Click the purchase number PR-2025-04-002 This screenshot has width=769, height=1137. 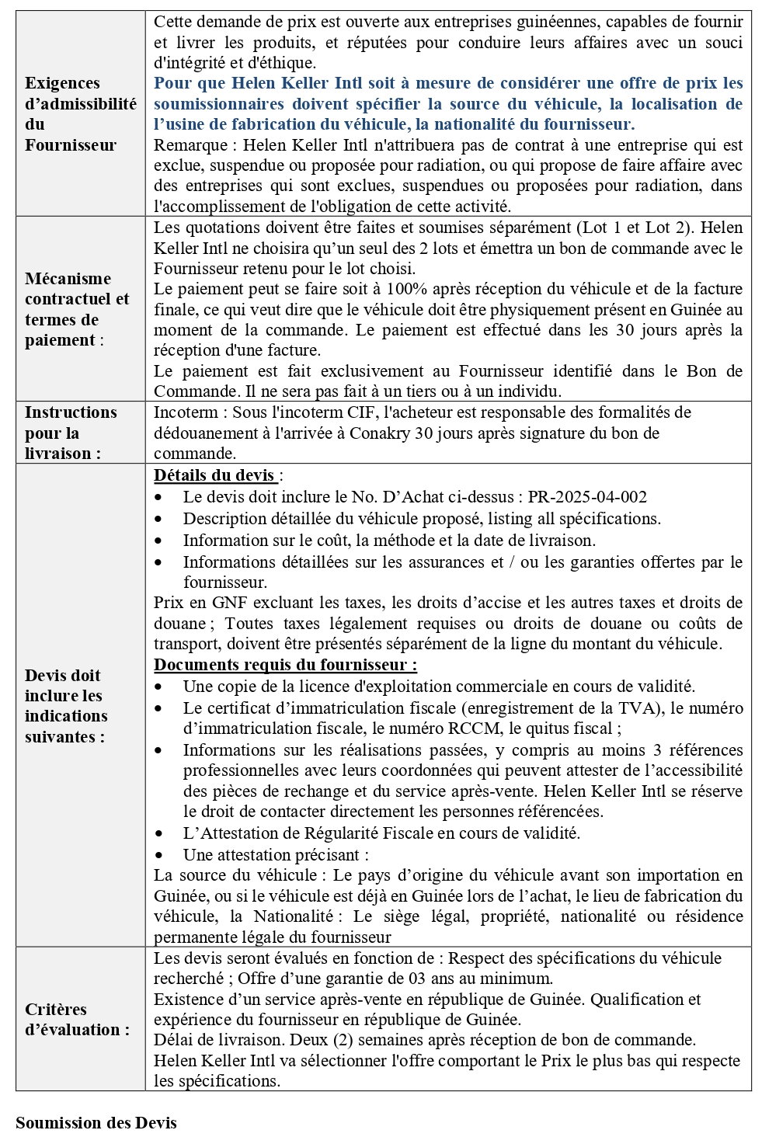(587, 497)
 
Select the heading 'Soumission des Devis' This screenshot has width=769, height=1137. (96, 1122)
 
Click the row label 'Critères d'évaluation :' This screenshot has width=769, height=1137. (77, 1019)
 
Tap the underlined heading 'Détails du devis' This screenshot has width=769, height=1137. (214, 475)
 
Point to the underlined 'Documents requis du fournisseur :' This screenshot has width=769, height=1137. (285, 665)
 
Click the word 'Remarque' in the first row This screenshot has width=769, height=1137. (190, 145)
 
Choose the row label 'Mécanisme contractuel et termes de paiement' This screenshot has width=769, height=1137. (77, 309)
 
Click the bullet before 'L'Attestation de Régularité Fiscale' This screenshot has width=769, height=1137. (159, 833)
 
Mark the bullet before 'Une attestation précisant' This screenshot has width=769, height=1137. (159, 855)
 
